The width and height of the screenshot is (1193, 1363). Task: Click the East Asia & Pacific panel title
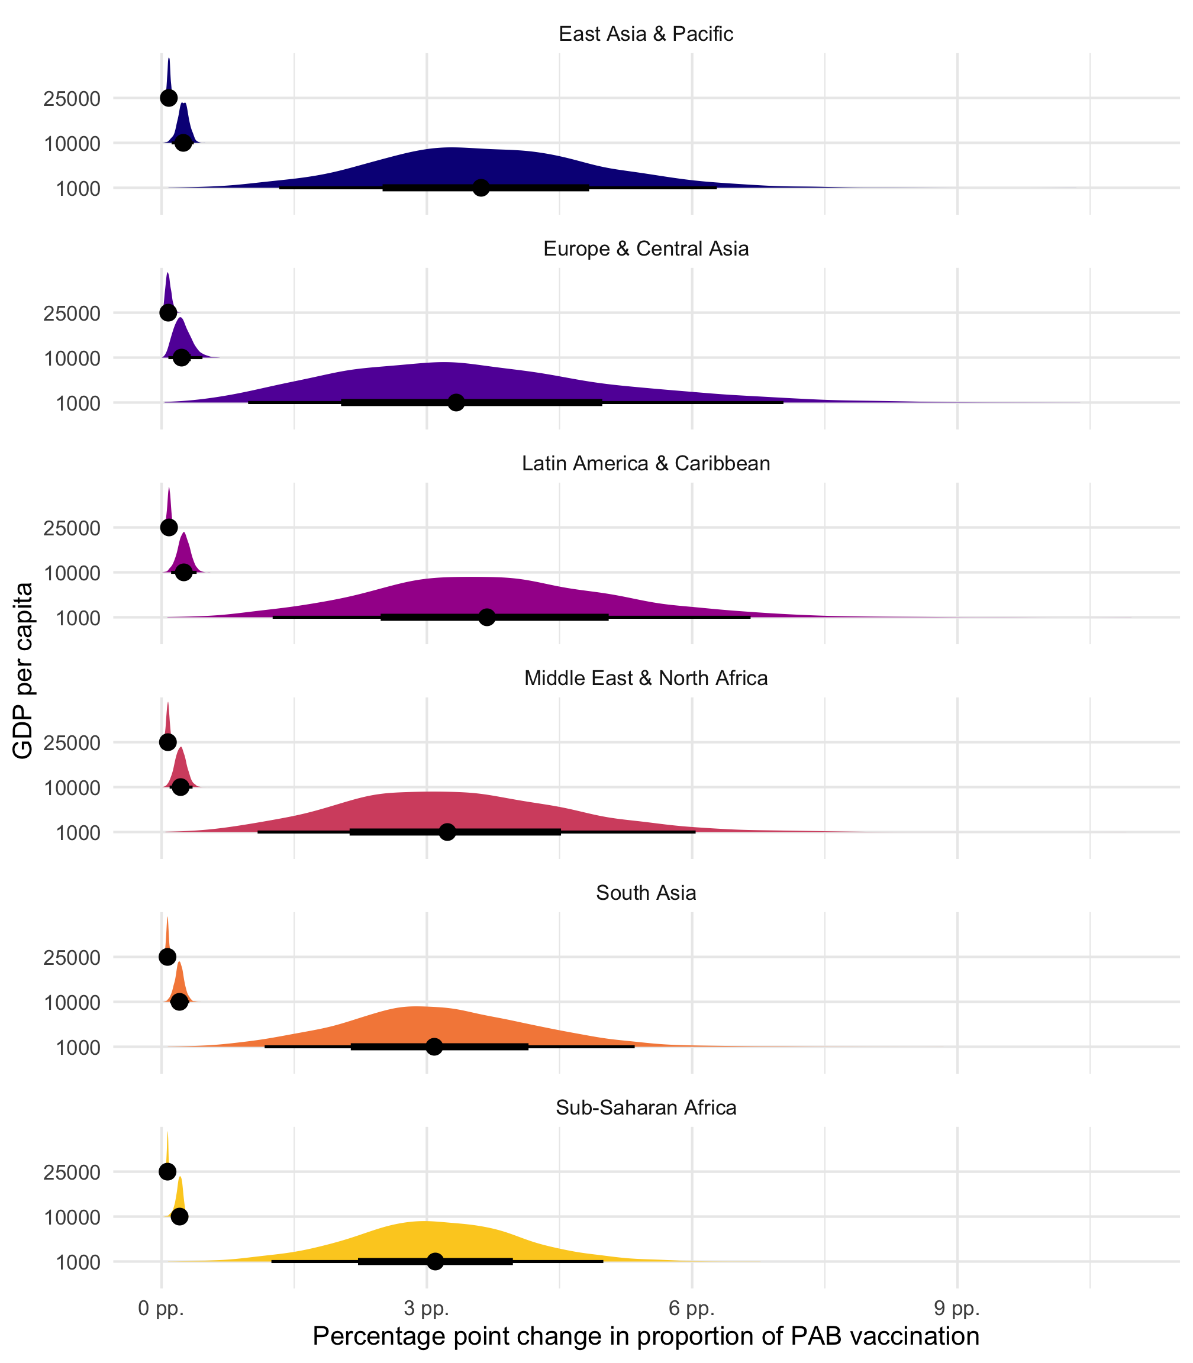(x=646, y=34)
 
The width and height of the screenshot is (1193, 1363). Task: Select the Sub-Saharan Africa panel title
(x=646, y=1107)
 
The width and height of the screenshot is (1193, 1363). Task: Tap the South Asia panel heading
(x=646, y=893)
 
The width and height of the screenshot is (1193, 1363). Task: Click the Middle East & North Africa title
(x=646, y=678)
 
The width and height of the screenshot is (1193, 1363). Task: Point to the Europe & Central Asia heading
(x=646, y=249)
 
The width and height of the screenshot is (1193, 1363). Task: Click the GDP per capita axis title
(x=23, y=670)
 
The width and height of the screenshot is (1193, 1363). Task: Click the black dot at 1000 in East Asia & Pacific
(x=481, y=188)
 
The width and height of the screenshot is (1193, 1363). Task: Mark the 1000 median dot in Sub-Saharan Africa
(x=435, y=1261)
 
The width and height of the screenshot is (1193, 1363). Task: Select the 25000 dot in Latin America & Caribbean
(x=169, y=527)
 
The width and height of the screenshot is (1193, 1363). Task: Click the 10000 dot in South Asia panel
(x=179, y=1002)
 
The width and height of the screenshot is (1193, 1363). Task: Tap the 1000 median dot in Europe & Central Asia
(x=456, y=403)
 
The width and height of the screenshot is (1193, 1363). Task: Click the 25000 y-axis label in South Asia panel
(x=72, y=958)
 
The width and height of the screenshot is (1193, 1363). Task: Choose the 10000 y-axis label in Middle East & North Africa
(x=72, y=788)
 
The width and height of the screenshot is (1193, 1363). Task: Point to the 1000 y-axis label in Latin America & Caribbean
(x=78, y=618)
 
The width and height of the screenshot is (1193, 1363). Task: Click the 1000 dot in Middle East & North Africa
(x=447, y=832)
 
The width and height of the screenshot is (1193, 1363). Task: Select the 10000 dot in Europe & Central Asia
(x=181, y=357)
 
